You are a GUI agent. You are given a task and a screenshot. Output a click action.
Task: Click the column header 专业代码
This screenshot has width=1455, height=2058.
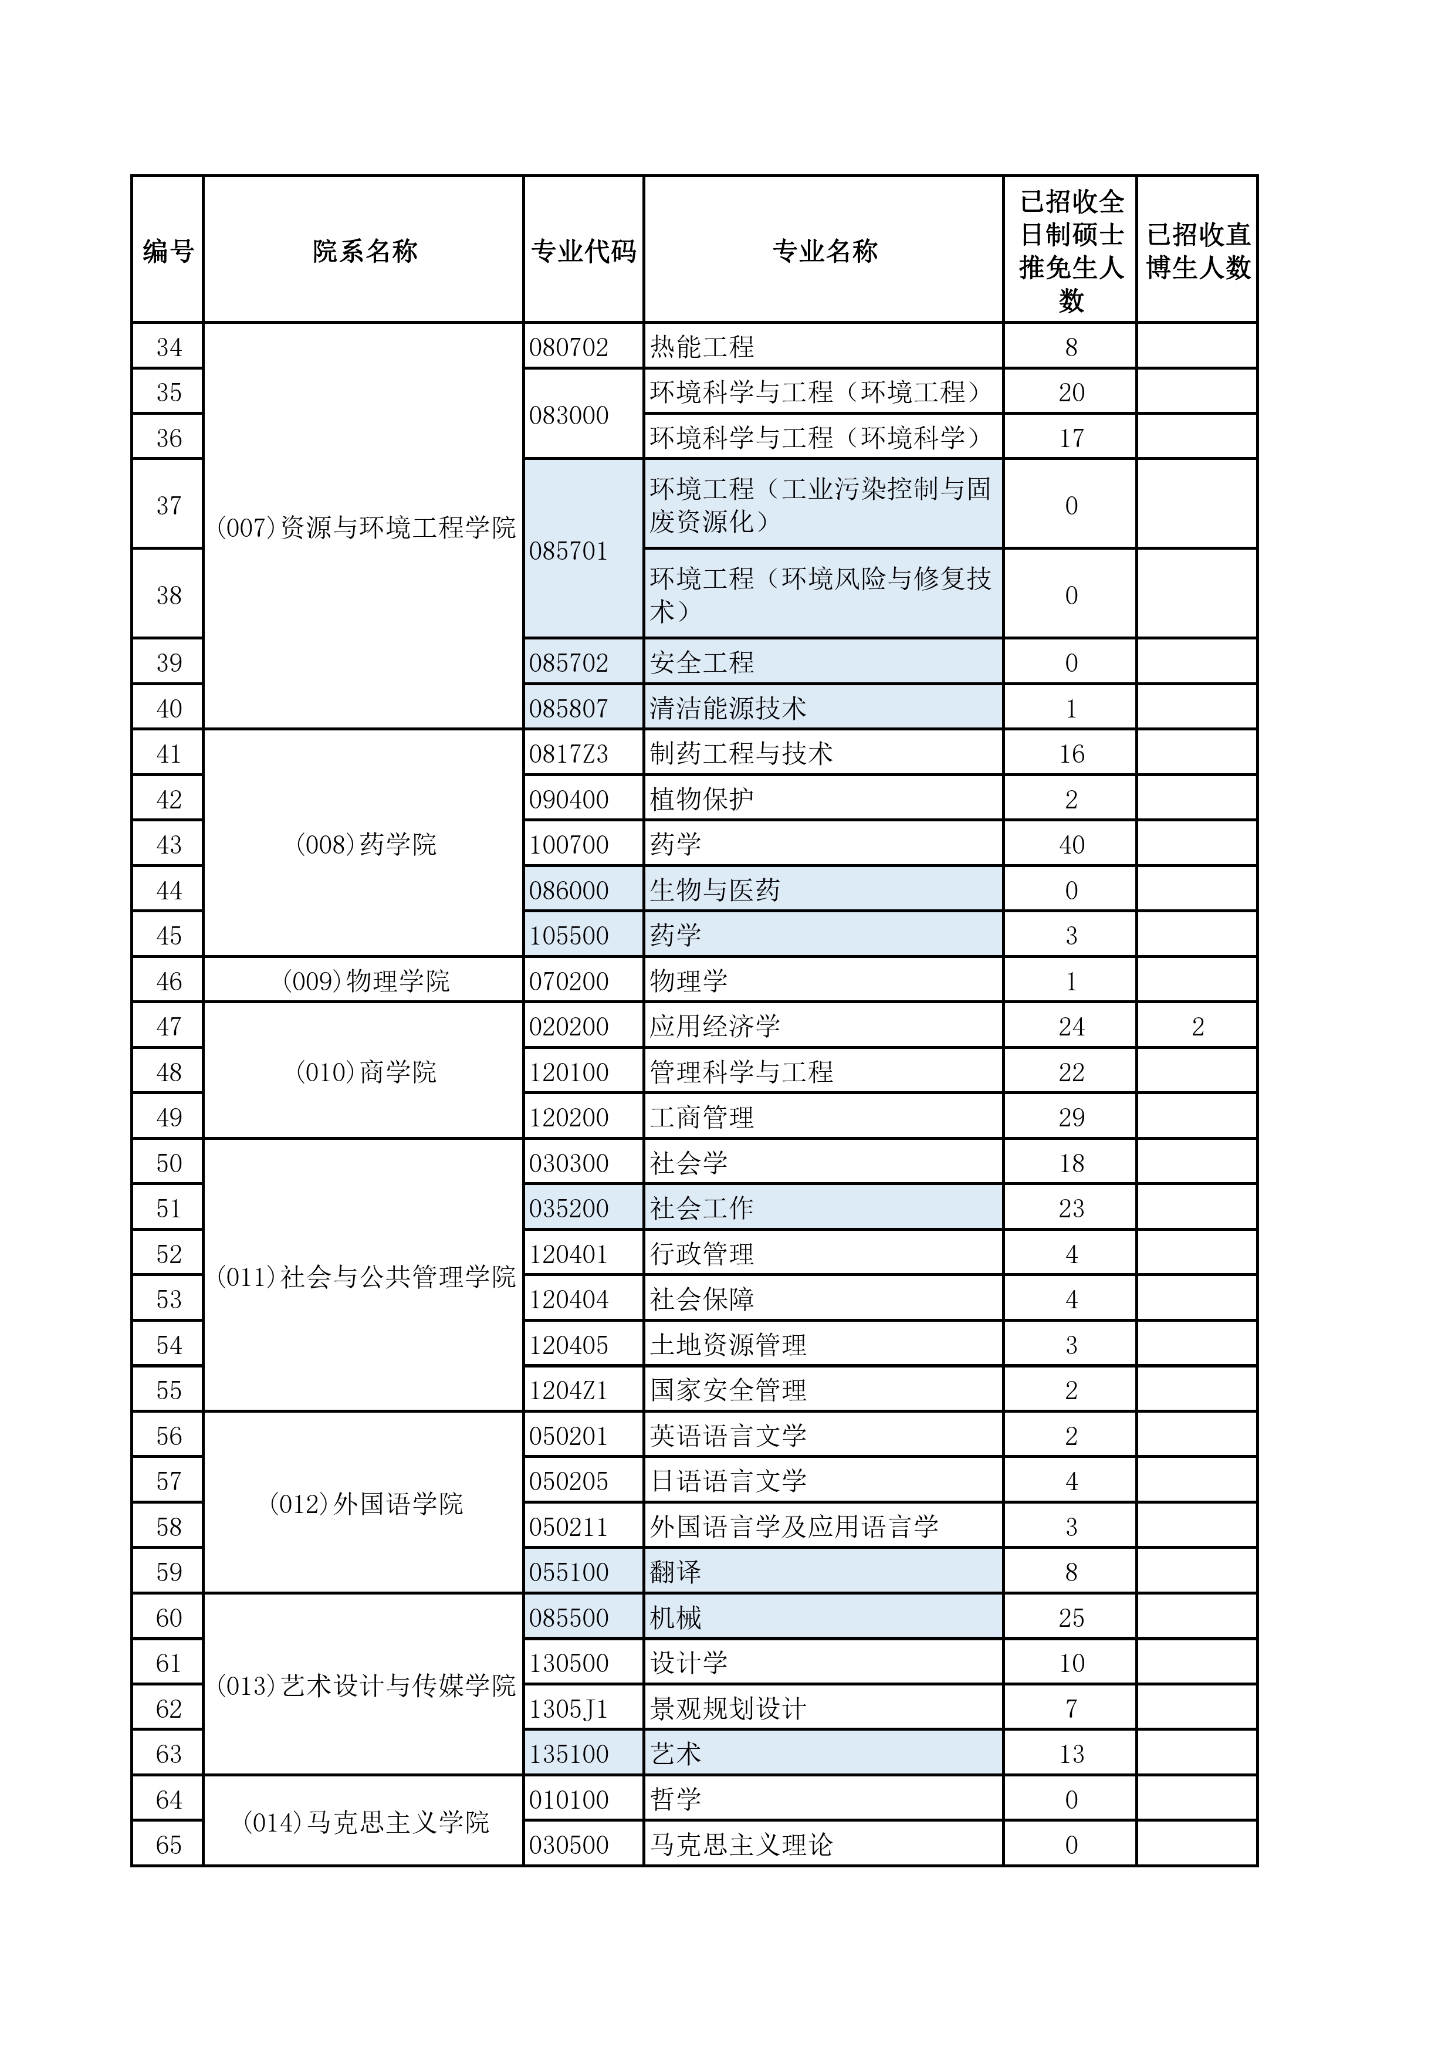coord(584,251)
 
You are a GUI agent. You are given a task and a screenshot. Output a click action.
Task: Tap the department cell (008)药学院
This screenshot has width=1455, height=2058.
coord(365,844)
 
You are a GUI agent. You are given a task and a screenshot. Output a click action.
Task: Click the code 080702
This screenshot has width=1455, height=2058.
coord(569,347)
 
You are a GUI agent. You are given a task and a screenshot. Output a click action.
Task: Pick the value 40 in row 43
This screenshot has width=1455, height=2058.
coord(1071,844)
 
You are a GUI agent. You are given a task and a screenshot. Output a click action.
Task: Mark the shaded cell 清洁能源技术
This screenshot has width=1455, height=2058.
coord(728,708)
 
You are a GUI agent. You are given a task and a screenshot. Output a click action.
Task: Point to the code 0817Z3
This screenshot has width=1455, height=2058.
coord(569,754)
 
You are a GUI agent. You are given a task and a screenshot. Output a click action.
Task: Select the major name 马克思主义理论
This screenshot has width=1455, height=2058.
coord(742,1844)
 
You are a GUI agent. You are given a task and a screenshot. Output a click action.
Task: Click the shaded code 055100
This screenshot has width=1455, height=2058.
coord(569,1572)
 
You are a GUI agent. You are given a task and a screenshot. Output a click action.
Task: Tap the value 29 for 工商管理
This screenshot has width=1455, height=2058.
coord(1071,1117)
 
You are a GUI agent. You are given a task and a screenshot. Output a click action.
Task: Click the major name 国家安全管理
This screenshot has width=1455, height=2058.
coord(728,1390)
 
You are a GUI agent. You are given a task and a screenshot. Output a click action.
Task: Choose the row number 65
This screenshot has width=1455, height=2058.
coord(168,1844)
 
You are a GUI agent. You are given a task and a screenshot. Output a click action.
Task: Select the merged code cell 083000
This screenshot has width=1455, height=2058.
coord(569,415)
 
